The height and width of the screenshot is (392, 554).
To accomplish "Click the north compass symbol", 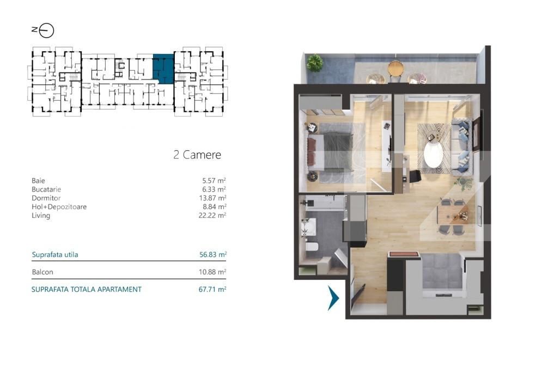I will pyautogui.click(x=46, y=31).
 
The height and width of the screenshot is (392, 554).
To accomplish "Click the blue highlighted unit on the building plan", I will pyautogui.click(x=163, y=68).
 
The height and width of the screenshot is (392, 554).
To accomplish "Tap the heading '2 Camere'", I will pyautogui.click(x=197, y=155).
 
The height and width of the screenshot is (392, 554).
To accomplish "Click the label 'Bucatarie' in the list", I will pyautogui.click(x=46, y=189).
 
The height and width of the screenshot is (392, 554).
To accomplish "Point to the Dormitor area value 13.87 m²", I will pyautogui.click(x=212, y=198).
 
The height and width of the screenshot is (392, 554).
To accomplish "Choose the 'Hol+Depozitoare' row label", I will pyautogui.click(x=59, y=207).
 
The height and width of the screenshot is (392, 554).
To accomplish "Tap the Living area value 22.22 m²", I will pyautogui.click(x=212, y=216).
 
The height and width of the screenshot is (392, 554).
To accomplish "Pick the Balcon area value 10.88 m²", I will pyautogui.click(x=212, y=272).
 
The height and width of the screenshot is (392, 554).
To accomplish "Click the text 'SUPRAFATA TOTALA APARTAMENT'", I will pyautogui.click(x=87, y=290).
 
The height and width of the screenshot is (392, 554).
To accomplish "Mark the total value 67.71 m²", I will pyautogui.click(x=212, y=290).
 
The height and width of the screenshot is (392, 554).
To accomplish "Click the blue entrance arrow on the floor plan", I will pyautogui.click(x=333, y=298).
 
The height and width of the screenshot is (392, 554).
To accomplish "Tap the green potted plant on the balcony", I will pyautogui.click(x=314, y=63).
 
